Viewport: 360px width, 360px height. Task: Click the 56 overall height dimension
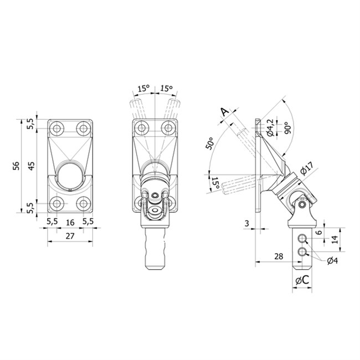click(x=16, y=166)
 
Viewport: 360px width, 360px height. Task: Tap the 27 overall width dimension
click(x=70, y=236)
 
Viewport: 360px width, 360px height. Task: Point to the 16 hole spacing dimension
click(x=70, y=222)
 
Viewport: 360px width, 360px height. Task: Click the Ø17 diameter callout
click(x=306, y=168)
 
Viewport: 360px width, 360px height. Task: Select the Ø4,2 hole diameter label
click(x=270, y=127)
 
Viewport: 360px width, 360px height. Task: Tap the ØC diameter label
click(x=302, y=280)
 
